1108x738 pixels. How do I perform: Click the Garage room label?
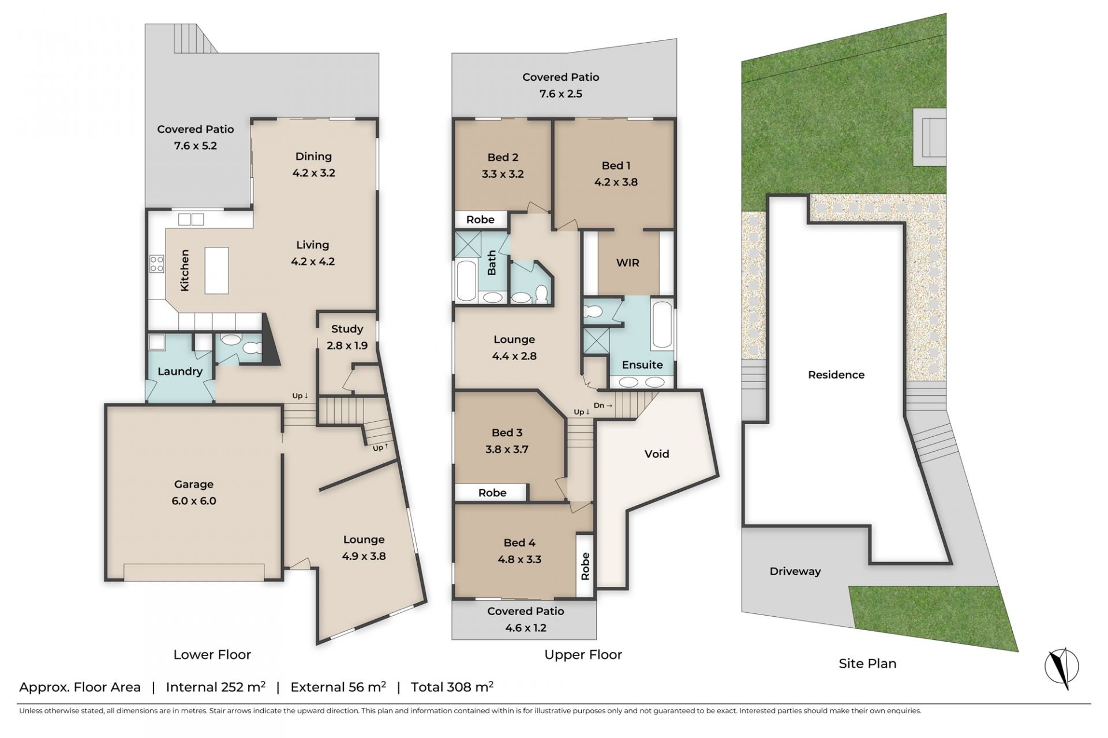pos(194,484)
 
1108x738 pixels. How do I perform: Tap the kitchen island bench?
pos(216,270)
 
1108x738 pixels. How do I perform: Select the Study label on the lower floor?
pos(347,329)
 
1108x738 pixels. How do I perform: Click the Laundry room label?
pos(180,372)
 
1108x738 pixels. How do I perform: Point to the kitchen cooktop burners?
pos(157,264)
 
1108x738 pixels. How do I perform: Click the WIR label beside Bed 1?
pos(628,263)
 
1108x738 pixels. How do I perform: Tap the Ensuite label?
pos(642,365)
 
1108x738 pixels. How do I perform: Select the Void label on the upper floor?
pos(657,454)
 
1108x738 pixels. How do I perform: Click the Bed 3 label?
pos(507,433)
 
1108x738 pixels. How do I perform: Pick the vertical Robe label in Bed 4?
pos(585,566)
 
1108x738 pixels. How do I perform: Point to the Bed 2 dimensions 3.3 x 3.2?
pos(503,174)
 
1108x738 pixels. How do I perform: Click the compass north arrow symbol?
pos(1062,668)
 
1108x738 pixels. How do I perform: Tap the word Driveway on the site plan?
pos(795,571)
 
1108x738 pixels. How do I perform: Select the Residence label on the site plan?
pos(836,375)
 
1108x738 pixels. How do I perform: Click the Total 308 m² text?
pos(452,687)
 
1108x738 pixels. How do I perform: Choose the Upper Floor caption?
pos(583,655)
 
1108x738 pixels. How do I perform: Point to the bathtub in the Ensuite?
pos(662,325)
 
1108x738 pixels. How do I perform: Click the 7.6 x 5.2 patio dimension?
pos(196,146)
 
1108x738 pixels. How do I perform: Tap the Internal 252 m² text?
pos(216,687)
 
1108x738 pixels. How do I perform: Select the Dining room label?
pos(313,156)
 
